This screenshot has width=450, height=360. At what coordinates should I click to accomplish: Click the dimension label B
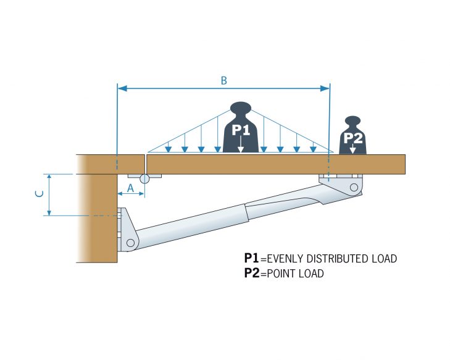click(x=223, y=80)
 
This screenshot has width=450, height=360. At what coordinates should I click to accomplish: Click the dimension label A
click(x=130, y=186)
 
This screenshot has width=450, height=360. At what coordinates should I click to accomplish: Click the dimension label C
click(x=39, y=194)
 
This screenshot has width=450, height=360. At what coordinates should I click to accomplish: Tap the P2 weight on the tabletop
click(x=352, y=138)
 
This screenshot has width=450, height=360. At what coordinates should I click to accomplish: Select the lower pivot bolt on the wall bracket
click(x=130, y=243)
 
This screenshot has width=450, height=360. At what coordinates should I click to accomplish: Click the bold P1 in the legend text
click(x=251, y=258)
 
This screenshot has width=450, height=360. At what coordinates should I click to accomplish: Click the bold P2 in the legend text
click(x=251, y=274)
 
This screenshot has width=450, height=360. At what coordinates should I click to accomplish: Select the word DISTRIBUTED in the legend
click(x=335, y=258)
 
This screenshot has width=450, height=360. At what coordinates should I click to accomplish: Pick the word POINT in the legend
click(x=283, y=274)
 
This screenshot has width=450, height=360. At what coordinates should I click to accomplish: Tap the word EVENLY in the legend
click(x=283, y=258)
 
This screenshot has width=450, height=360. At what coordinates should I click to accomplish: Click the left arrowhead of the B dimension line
click(x=122, y=88)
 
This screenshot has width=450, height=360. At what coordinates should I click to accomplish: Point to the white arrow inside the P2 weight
click(x=352, y=148)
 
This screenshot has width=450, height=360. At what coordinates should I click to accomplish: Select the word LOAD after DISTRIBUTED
click(x=382, y=258)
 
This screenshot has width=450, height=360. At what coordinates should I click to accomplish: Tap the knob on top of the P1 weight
click(x=240, y=107)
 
